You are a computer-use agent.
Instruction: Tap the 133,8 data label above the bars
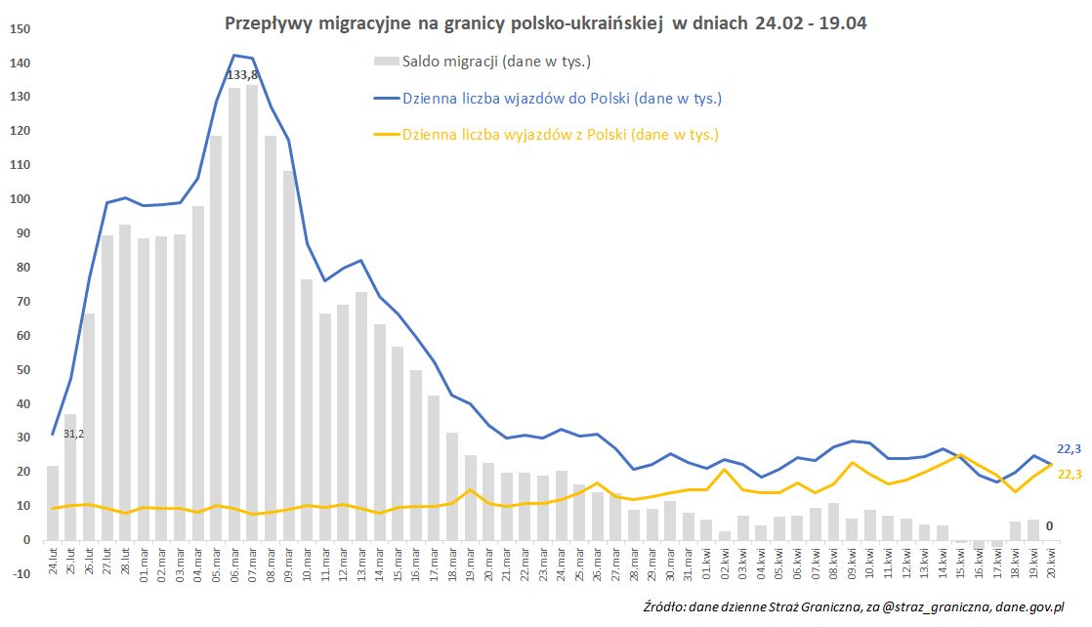[244, 74]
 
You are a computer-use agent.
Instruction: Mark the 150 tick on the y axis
[21, 29]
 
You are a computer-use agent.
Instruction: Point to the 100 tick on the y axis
[21, 199]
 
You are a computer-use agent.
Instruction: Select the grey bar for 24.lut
[53, 502]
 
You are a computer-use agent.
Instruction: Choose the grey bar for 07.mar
[252, 313]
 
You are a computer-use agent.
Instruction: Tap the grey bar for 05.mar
[216, 338]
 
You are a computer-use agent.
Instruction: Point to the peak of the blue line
[234, 55]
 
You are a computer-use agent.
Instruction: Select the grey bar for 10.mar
[307, 409]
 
